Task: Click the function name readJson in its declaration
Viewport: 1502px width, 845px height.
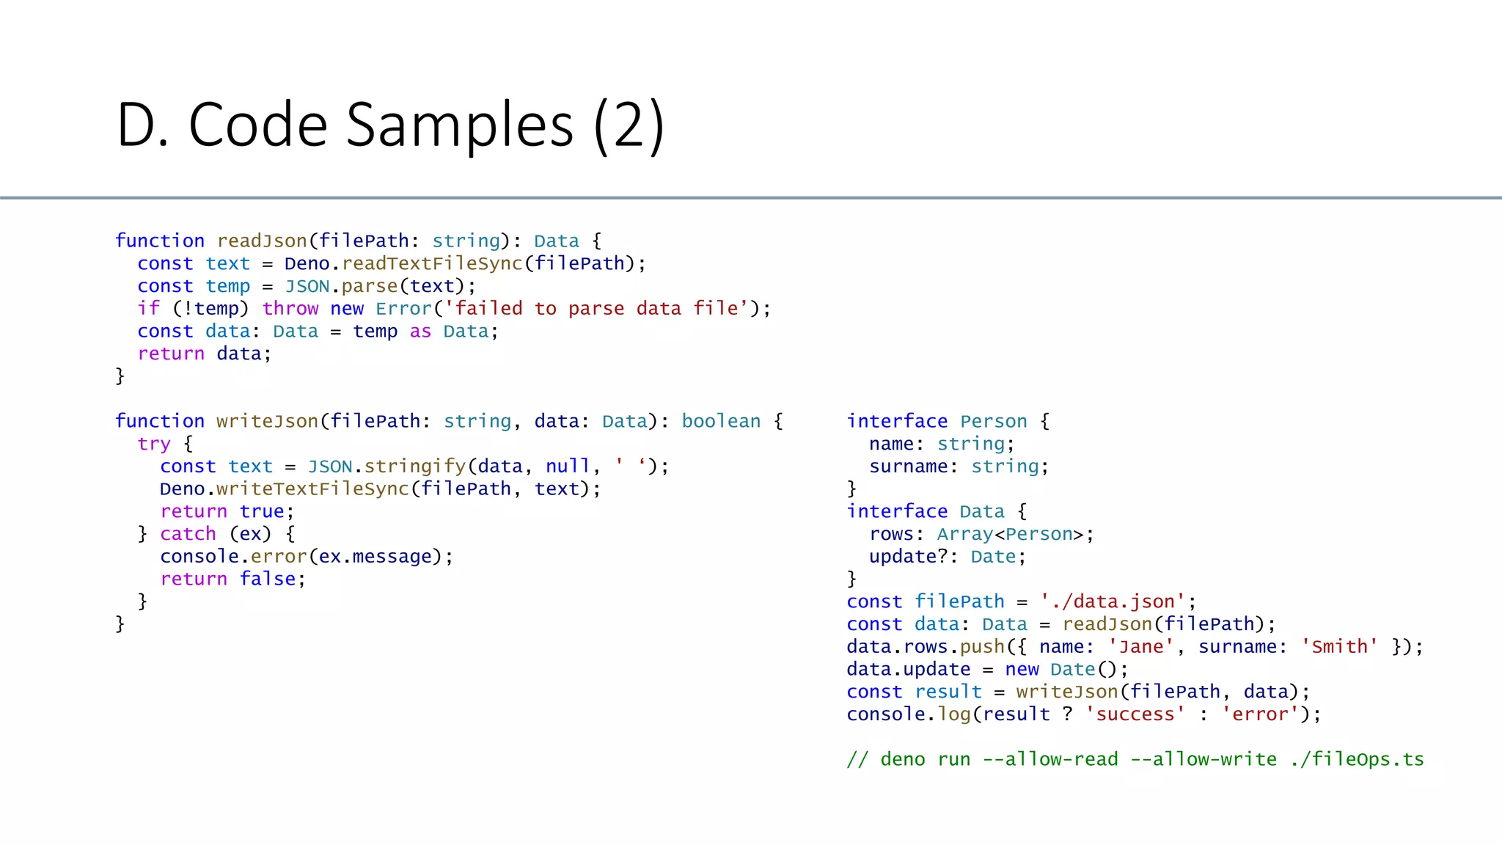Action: coord(262,241)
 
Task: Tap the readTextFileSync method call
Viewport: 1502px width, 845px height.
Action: coord(432,264)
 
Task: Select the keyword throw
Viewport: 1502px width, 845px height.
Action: coord(290,309)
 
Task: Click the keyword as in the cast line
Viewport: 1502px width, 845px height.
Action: coord(420,332)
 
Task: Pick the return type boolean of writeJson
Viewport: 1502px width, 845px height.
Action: coord(721,422)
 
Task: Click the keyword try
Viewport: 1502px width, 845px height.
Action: coord(154,445)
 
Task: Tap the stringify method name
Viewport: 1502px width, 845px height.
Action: coord(415,467)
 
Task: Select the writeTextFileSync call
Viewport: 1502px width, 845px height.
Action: coord(313,489)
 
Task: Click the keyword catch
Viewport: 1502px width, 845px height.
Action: coord(188,534)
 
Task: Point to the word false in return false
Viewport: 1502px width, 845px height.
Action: coord(268,579)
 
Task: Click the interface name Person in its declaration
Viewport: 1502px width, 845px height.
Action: coord(993,422)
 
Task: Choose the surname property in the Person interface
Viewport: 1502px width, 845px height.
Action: coord(908,467)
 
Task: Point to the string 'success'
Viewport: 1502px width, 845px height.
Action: coord(1135,714)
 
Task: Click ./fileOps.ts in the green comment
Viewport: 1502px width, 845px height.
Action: coord(1357,760)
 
